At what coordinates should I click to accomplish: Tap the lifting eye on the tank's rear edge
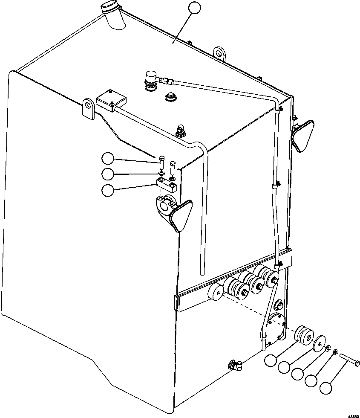[x=219, y=54]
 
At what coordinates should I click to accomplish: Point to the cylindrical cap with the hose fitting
[x=150, y=80]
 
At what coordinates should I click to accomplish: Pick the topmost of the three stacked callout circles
[x=108, y=159]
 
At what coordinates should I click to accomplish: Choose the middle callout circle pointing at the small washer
[x=108, y=174]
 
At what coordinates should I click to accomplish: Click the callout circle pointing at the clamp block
[x=108, y=190]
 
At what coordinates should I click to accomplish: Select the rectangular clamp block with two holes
[x=167, y=185]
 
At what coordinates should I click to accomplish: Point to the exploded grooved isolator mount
[x=303, y=335]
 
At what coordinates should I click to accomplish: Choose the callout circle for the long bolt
[x=326, y=388]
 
